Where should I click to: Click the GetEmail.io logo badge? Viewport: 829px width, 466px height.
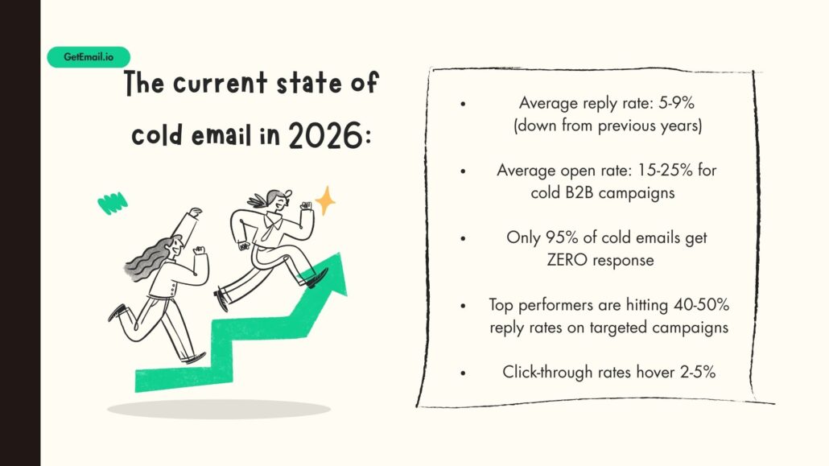[x=88, y=57]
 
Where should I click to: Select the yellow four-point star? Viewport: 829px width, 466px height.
[x=325, y=201]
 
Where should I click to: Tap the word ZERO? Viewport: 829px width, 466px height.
[x=571, y=260]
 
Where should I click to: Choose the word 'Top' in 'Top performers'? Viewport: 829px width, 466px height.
[x=502, y=306]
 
